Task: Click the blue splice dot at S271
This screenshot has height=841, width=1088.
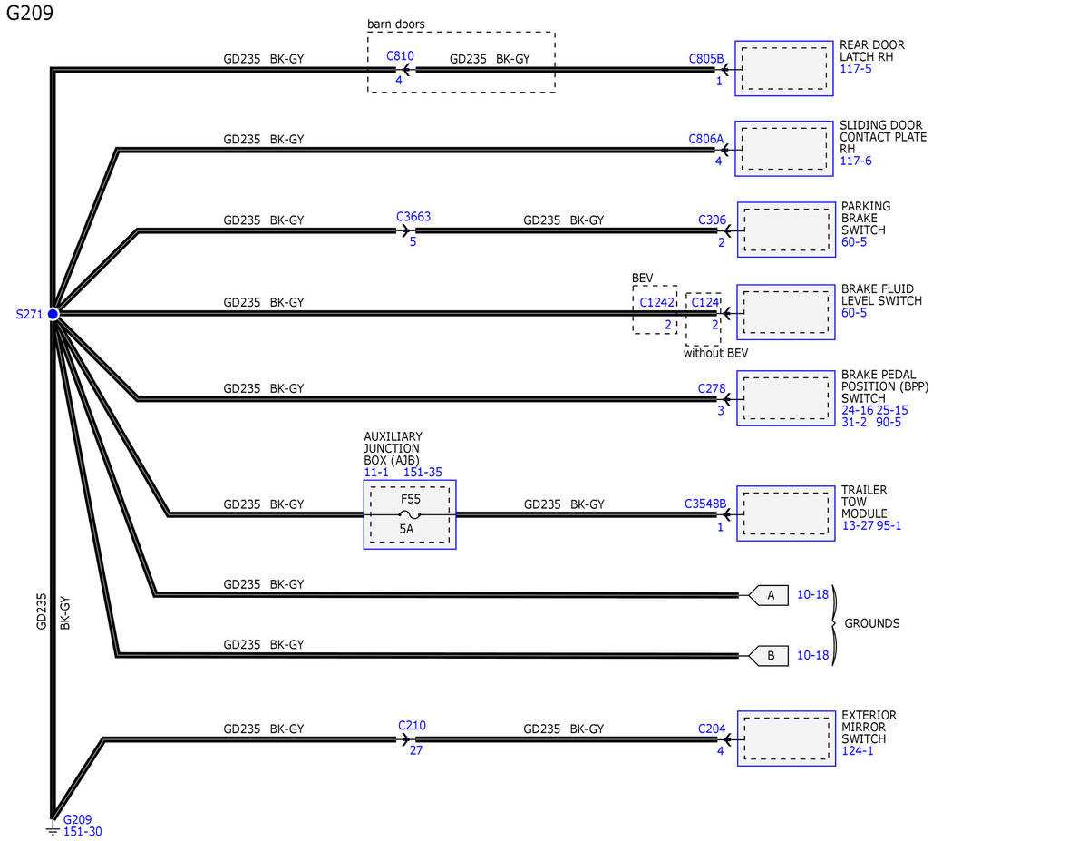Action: tap(53, 314)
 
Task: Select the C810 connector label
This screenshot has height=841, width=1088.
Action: tap(400, 55)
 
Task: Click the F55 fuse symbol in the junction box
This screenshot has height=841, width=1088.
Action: tap(409, 514)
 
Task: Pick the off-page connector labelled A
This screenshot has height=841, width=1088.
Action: tap(768, 595)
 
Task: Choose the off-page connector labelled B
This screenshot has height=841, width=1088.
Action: tap(768, 656)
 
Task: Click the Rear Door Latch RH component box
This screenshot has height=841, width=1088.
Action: tap(783, 68)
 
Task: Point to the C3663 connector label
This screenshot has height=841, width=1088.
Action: tap(413, 217)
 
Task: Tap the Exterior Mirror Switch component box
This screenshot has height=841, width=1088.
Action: tap(786, 738)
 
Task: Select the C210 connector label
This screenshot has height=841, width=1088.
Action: tap(412, 725)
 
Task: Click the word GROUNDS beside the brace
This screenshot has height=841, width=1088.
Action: tap(871, 623)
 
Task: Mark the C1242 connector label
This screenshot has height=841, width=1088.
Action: tap(656, 302)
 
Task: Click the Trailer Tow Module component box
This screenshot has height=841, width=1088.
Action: tap(785, 513)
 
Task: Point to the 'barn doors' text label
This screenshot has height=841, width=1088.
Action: tap(395, 24)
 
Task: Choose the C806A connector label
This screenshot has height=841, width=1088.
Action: tap(705, 139)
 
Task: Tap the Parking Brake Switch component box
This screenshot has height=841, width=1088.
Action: tap(786, 230)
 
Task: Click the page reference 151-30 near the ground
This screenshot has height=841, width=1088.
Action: tap(83, 832)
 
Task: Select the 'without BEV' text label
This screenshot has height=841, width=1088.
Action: tap(715, 353)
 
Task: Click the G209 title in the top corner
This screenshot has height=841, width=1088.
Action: tap(30, 13)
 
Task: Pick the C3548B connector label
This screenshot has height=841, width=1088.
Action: tap(705, 504)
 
